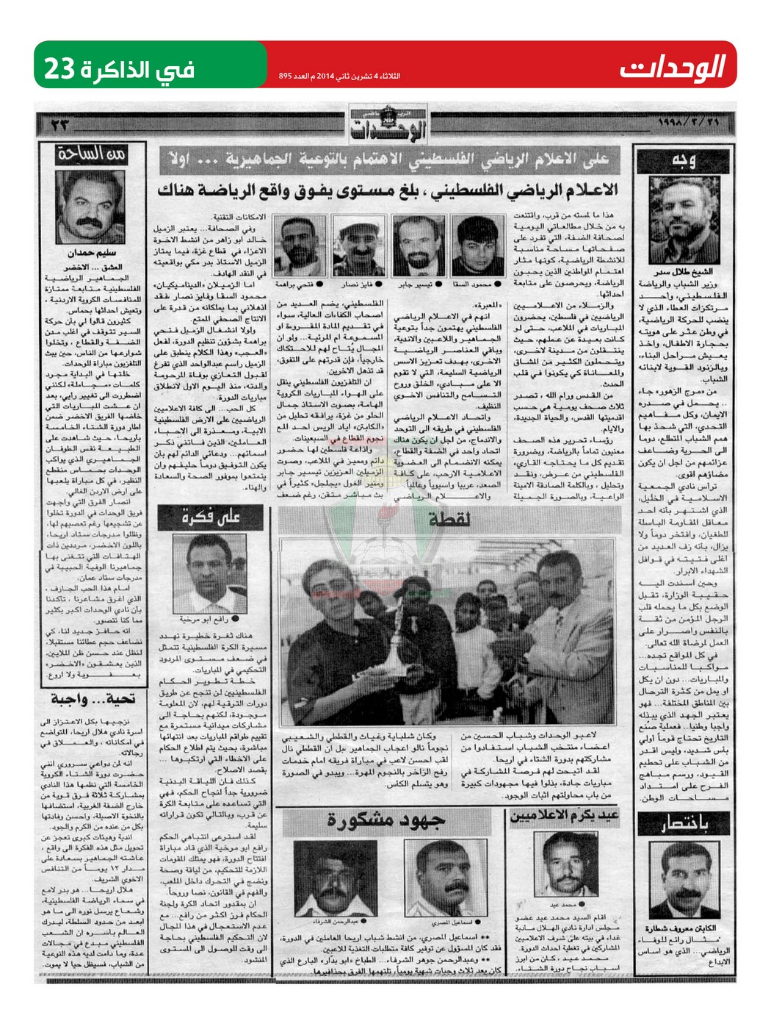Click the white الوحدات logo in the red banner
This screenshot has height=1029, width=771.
click(x=672, y=68)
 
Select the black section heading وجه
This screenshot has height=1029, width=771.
click(x=683, y=161)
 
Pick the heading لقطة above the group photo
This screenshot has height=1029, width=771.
click(x=449, y=519)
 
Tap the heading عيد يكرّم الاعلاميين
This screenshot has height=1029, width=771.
click(x=564, y=815)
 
